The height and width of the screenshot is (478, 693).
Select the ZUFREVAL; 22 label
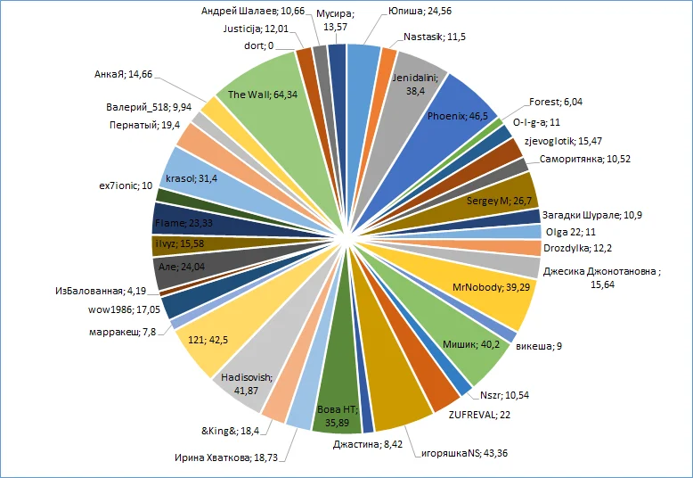click(x=478, y=415)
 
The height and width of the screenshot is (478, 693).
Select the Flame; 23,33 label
click(x=182, y=222)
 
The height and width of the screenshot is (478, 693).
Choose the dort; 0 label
click(x=258, y=46)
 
